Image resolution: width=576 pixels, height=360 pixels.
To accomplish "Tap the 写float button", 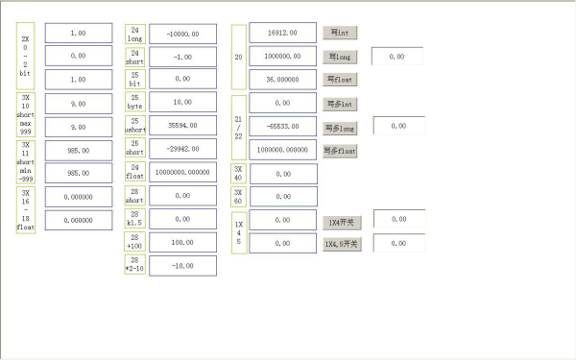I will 340,79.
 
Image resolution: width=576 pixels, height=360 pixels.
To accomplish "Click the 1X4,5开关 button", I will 342,244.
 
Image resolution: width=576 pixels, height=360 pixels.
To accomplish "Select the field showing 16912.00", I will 282,33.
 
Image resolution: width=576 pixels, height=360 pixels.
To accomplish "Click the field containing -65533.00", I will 282,126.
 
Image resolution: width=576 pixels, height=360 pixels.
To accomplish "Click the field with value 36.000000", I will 282,80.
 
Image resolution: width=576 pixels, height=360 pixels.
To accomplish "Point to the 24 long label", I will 135,34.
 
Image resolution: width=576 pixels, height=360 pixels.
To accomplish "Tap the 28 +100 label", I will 135,242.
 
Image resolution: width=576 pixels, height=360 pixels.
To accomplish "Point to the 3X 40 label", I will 239,173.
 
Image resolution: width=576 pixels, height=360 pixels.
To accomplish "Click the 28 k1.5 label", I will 135,219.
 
